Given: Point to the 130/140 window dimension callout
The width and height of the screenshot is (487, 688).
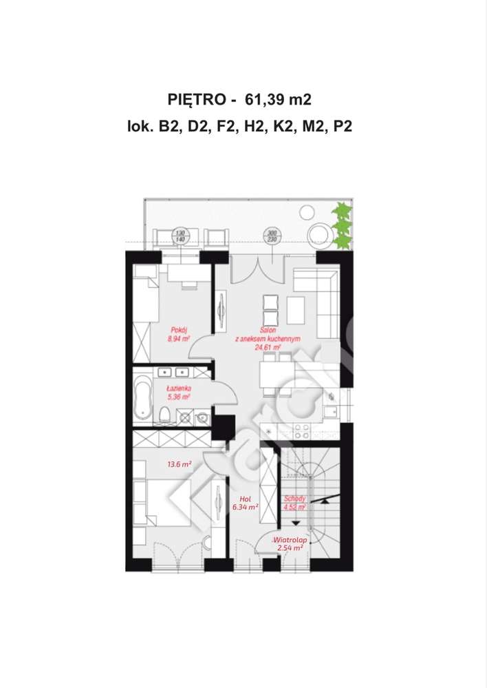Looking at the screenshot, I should click(181, 236).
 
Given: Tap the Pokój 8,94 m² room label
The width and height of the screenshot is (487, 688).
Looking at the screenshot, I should click(178, 335).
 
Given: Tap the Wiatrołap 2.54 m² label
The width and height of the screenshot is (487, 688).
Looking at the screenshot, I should click(289, 544).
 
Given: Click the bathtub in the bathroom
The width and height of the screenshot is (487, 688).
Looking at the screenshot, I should click(142, 399).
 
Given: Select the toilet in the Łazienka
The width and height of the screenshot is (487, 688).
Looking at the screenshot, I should click(164, 414).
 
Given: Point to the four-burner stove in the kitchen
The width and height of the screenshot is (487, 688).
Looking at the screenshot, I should click(301, 431).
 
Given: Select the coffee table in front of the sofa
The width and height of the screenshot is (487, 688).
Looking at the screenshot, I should click(296, 309).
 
